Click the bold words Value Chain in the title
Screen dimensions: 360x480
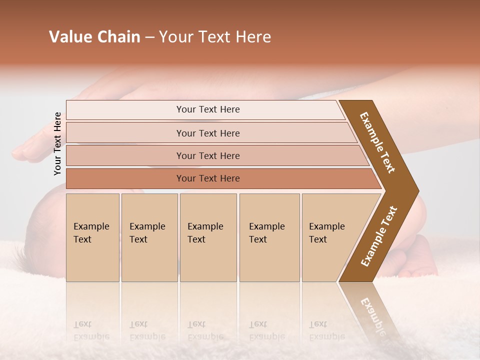click(x=94, y=37)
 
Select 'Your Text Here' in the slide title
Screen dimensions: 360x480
click(x=215, y=37)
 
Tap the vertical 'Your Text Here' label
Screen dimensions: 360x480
click(x=57, y=144)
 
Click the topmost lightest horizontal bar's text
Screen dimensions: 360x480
click(x=208, y=109)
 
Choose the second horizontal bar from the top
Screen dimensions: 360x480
click(x=208, y=133)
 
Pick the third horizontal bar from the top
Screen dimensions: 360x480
click(x=208, y=156)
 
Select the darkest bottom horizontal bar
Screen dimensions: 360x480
click(x=208, y=178)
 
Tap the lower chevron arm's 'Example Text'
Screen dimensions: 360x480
click(x=379, y=236)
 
